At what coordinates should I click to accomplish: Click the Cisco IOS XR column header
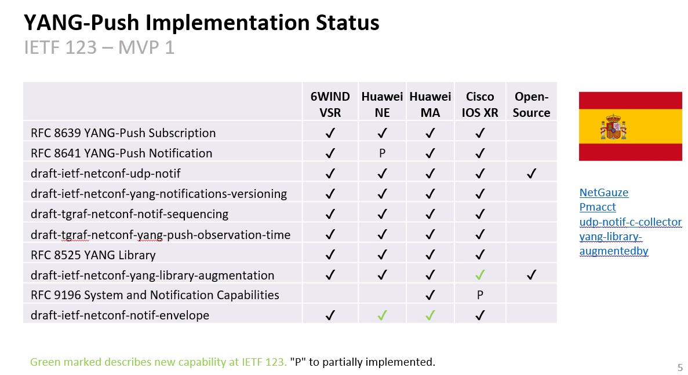479,104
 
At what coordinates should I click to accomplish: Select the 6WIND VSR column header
330,104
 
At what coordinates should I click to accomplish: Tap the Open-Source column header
532,104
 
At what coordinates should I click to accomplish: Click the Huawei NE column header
382,104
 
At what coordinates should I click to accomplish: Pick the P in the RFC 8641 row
382,153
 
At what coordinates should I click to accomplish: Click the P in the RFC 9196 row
480,295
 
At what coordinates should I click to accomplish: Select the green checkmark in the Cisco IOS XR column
480,275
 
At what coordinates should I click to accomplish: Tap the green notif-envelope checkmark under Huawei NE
382,315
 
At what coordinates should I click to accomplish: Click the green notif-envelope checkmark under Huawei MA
431,315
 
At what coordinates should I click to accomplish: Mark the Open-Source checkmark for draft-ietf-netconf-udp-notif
532,174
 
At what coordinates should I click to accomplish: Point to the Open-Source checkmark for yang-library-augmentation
532,275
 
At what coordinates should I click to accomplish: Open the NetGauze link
604,192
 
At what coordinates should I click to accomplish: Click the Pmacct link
598,207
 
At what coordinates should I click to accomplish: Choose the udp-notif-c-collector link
631,222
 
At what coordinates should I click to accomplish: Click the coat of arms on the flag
613,127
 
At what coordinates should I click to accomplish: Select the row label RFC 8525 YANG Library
93,255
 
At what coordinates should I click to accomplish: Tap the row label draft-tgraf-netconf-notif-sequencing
129,214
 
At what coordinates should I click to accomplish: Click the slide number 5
680,367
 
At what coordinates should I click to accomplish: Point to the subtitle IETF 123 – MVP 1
99,47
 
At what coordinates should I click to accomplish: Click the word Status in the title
348,23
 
